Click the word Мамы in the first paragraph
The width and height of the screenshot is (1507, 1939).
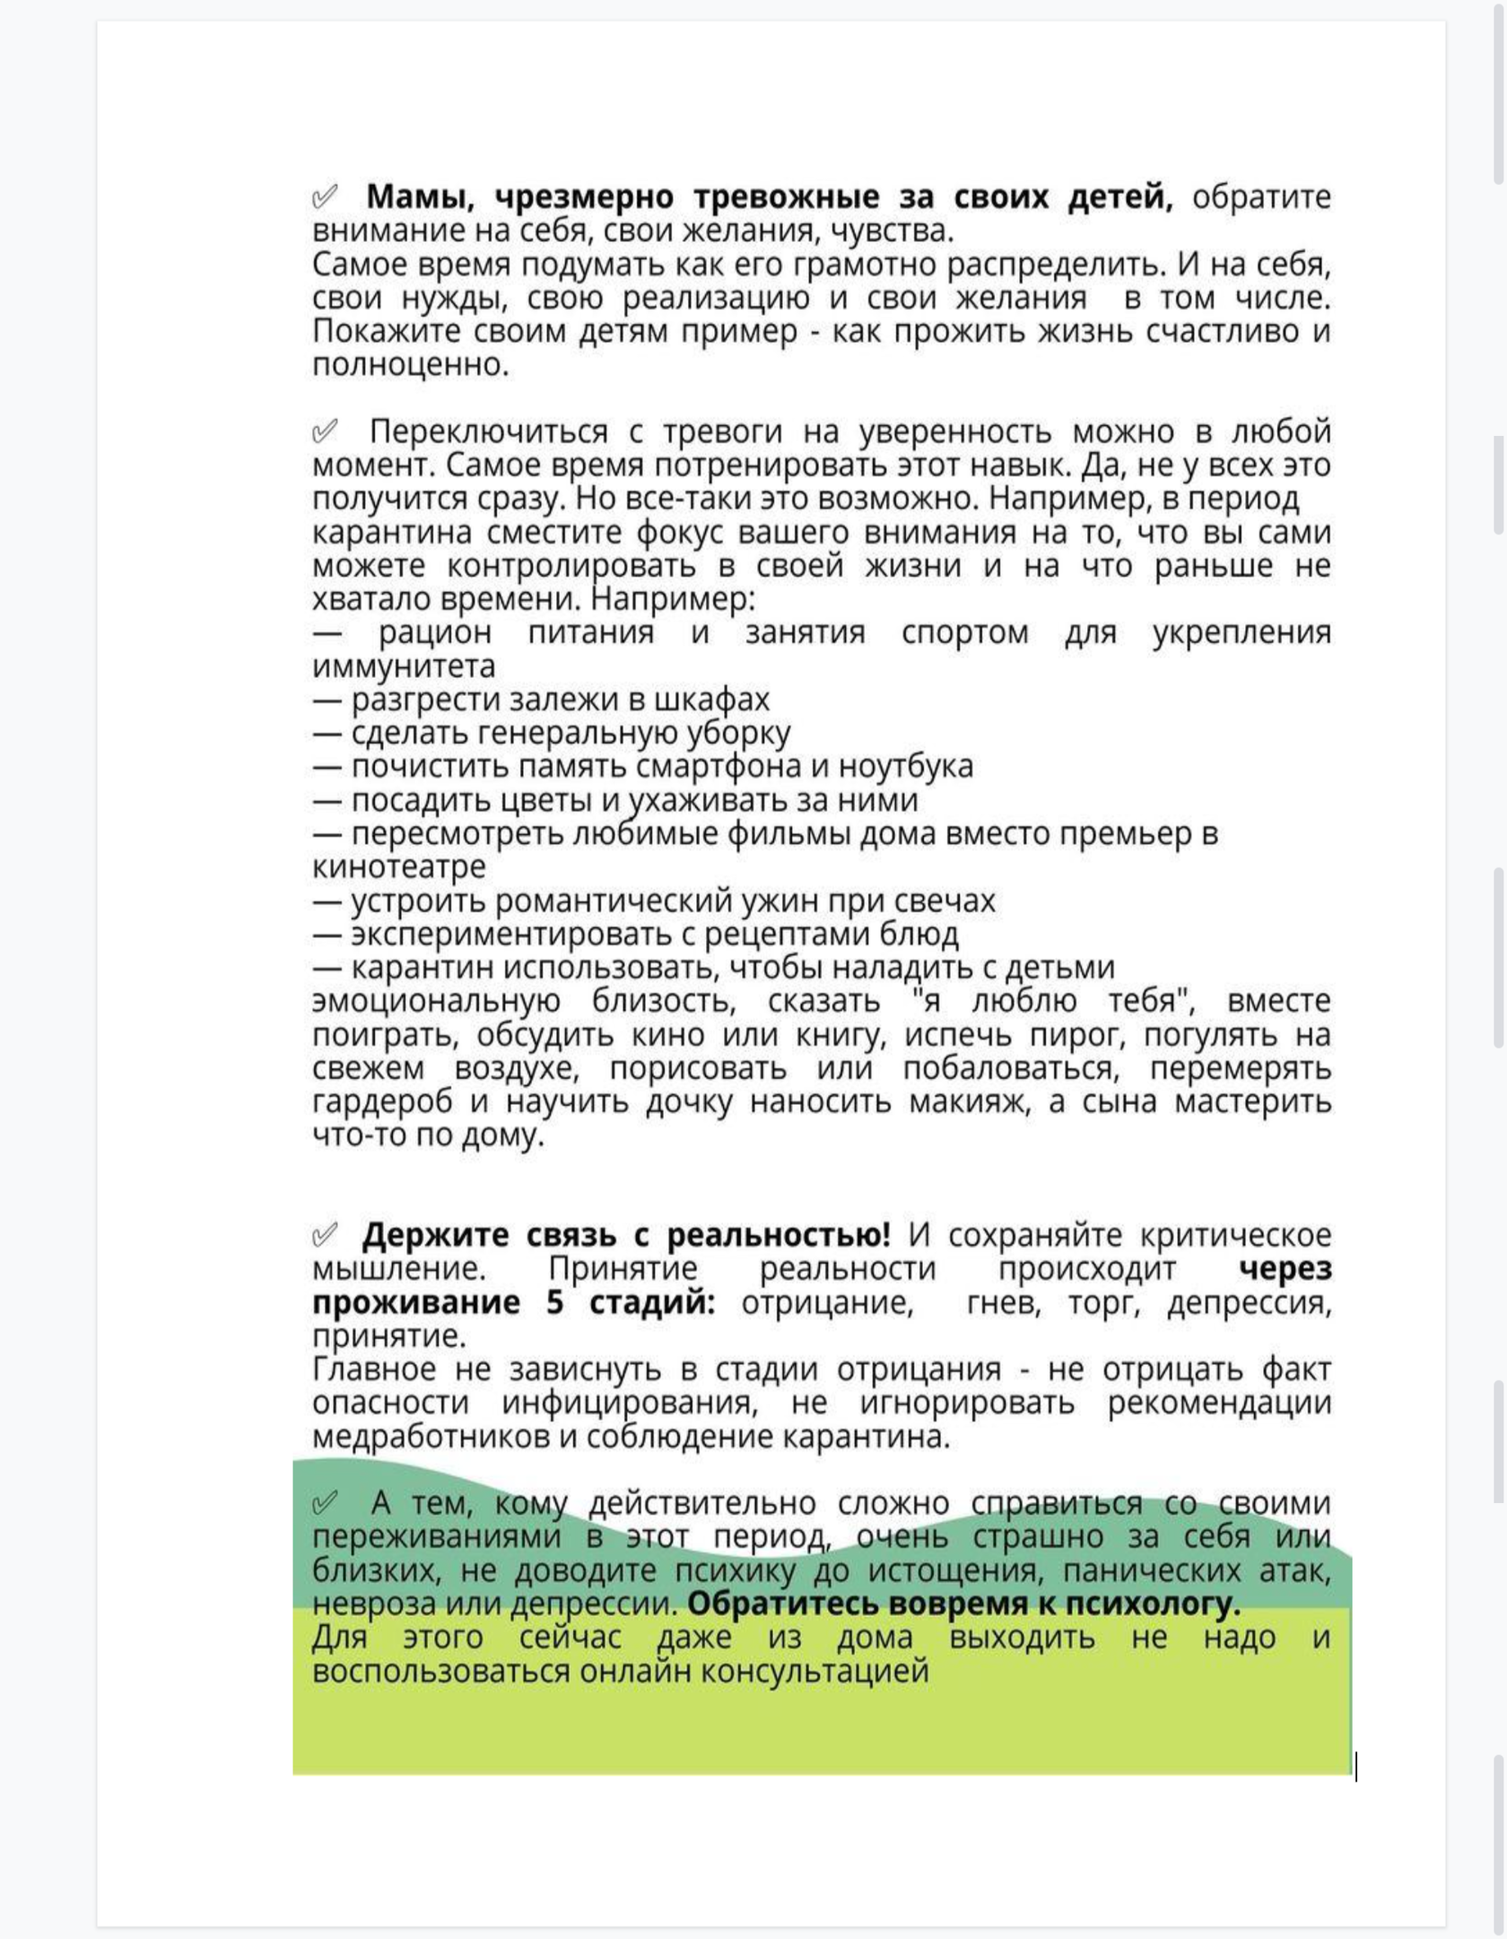coord(418,196)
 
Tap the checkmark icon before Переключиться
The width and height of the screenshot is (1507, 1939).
coord(325,431)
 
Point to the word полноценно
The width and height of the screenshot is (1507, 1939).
coord(410,365)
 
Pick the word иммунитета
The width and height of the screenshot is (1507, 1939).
coord(404,666)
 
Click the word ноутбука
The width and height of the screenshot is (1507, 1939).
coord(905,766)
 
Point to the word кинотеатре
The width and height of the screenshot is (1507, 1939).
coord(399,867)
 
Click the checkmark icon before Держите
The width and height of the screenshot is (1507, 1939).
coord(325,1235)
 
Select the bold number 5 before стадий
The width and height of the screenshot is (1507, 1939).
coord(555,1302)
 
